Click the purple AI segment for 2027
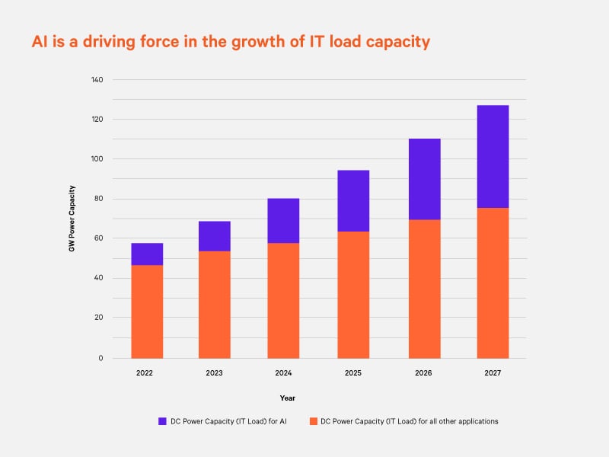pos(493,156)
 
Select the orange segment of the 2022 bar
pos(147,312)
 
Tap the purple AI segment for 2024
pos(283,221)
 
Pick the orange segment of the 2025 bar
pos(353,295)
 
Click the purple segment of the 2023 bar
pos(215,236)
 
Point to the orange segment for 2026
pos(424,289)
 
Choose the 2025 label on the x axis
pos(353,373)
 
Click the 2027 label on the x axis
pos(493,373)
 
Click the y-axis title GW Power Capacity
pos(72,219)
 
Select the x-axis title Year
pos(287,398)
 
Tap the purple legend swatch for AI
pos(162,421)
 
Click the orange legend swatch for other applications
pos(312,421)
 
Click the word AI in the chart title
pos(40,42)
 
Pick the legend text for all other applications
pos(410,421)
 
